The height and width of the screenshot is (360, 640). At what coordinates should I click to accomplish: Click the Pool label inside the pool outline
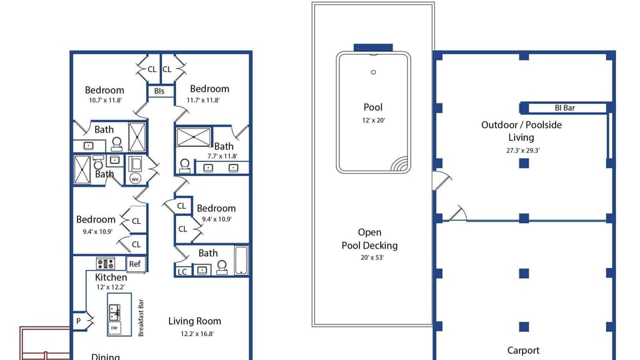(373, 107)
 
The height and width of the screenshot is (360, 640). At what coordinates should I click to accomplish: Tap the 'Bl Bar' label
(565, 108)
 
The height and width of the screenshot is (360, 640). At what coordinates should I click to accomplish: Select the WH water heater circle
(135, 179)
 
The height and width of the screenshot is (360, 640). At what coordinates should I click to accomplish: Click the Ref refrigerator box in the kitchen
(135, 264)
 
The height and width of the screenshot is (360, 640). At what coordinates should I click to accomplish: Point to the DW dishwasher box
(114, 328)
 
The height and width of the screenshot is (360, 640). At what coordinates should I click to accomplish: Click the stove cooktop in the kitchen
(105, 264)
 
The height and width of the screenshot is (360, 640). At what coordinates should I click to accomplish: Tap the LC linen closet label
(183, 271)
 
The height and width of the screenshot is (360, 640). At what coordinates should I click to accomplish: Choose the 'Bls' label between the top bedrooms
(159, 91)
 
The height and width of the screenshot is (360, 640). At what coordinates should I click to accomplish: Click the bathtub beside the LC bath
(241, 260)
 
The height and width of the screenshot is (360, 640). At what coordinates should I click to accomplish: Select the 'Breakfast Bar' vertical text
(141, 318)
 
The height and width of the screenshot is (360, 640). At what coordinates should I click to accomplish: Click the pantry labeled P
(79, 321)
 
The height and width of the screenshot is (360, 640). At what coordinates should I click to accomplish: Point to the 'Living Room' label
(195, 321)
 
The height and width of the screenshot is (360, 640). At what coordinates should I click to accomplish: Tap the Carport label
(523, 350)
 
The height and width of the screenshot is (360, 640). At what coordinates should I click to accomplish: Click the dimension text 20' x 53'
(372, 257)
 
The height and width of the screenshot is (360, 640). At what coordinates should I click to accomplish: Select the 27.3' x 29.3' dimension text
(523, 150)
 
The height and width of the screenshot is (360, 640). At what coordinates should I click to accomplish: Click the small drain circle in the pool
(373, 72)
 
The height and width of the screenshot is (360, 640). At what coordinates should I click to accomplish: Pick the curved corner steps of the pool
(399, 164)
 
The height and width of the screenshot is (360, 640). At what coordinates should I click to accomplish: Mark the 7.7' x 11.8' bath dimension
(223, 156)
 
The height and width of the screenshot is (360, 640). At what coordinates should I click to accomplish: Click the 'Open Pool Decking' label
(370, 239)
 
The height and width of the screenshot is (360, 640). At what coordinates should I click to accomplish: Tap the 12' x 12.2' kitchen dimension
(111, 287)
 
